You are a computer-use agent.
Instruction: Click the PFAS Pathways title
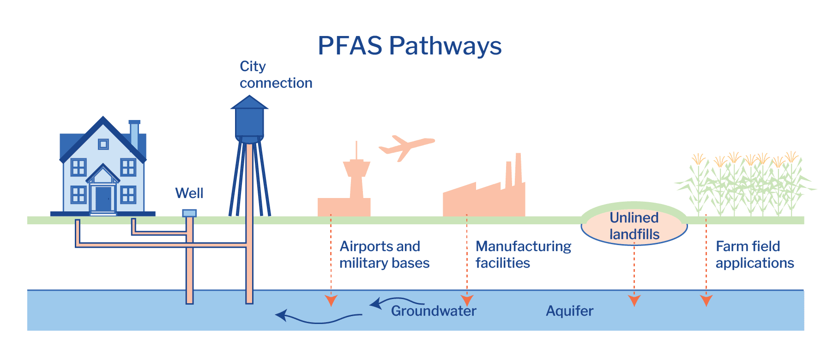point(410,46)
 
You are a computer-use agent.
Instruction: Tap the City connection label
point(276,74)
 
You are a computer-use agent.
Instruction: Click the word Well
point(189,193)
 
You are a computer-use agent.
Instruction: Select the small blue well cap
point(189,213)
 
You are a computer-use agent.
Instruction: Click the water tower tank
point(249,122)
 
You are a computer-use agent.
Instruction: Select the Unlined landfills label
point(634,226)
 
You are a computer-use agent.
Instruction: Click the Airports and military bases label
point(384,254)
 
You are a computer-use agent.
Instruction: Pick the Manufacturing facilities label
point(523,254)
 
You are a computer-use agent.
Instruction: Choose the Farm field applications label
point(755,254)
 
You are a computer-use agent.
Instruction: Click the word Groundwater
point(434,311)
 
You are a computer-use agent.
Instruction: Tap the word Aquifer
point(569,311)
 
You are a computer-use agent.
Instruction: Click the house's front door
point(103,198)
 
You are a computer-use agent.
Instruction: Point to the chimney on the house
point(134,134)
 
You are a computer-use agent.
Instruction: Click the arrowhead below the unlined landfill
point(634,301)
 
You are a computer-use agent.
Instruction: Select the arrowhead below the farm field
point(706,301)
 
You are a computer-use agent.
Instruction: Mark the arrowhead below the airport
point(331,301)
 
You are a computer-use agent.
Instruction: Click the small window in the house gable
point(103,144)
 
